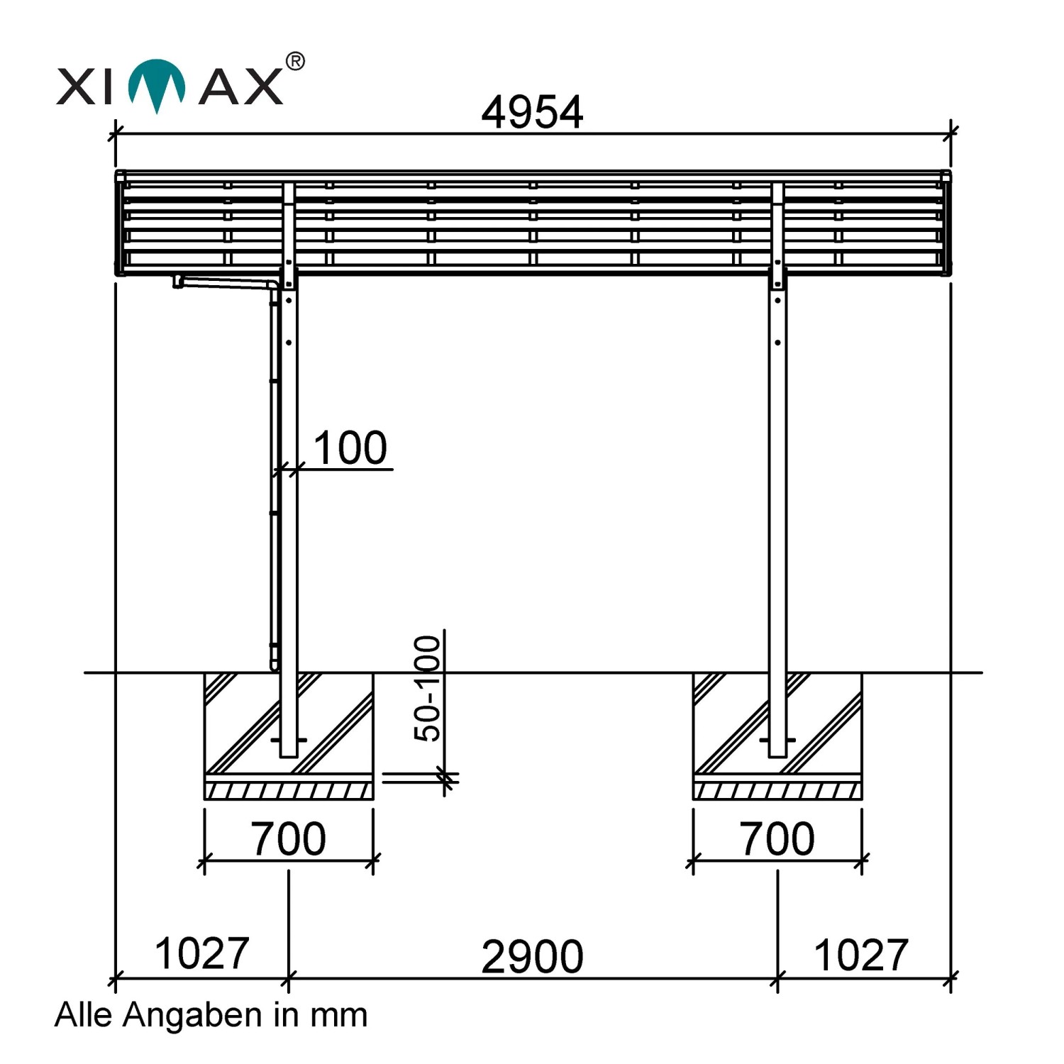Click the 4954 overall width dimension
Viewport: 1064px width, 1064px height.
[532, 112]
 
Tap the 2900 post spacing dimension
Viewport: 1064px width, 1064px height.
[532, 956]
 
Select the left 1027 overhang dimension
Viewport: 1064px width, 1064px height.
[201, 953]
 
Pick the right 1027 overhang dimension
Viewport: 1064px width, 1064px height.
[860, 955]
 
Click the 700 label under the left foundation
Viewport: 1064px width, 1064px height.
[288, 838]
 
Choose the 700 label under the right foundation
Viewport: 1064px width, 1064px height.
[777, 838]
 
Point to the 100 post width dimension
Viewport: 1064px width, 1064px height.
[350, 448]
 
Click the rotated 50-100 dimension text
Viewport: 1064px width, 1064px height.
[428, 688]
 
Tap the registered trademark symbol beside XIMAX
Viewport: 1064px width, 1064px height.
[295, 62]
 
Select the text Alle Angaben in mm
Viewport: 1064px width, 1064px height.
[211, 1015]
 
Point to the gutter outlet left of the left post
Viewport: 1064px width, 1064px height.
[178, 282]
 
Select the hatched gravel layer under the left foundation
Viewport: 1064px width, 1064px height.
[289, 790]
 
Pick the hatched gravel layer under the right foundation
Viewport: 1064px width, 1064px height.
[777, 790]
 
